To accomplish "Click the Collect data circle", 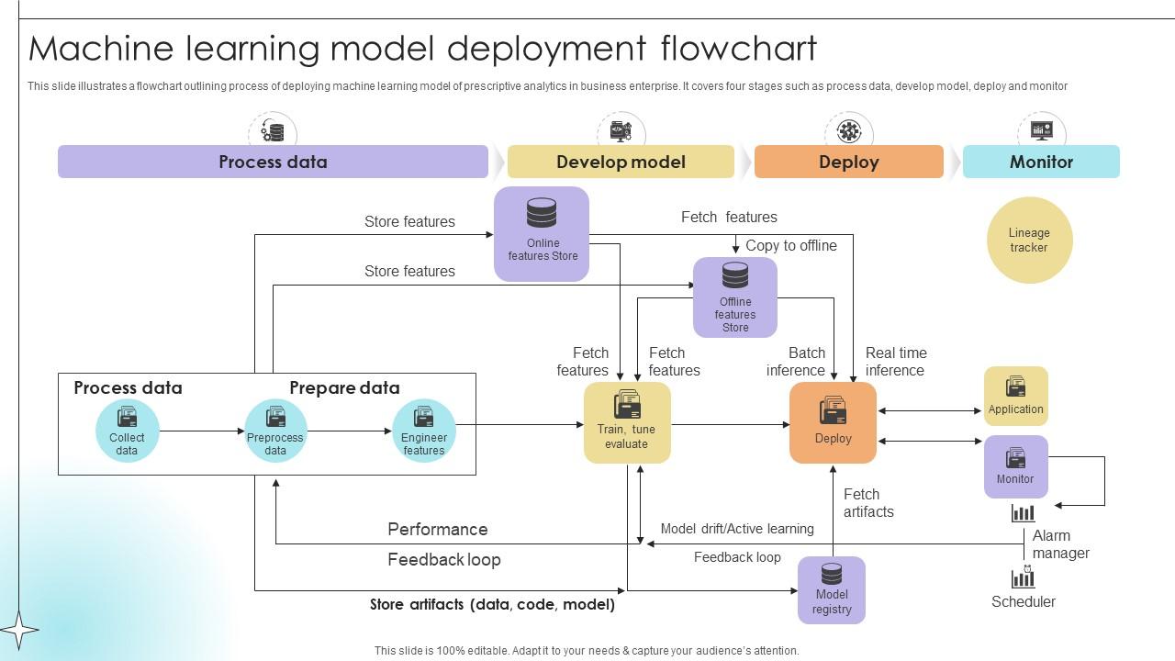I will coord(128,431).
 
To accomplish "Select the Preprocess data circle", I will coord(275,431).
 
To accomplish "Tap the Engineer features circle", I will coord(424,431).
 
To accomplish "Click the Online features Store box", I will coord(542,233).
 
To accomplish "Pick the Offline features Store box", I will coord(735,297).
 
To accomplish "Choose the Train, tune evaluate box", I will coord(627,422).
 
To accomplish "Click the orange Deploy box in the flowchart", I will coord(833,422).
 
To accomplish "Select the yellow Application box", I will coord(1015,396).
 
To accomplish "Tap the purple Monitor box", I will coord(1015,466).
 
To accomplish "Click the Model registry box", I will coord(832,590).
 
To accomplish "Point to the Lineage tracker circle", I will coord(1029,241).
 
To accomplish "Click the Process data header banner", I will coord(273,162).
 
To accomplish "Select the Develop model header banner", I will coord(621,162).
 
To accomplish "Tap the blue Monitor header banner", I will coord(1041,162).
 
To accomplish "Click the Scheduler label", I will coord(1024,602).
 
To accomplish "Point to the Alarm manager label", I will coord(1060,544).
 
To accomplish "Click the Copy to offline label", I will coord(791,245).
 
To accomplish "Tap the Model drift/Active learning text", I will coord(737,529).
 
